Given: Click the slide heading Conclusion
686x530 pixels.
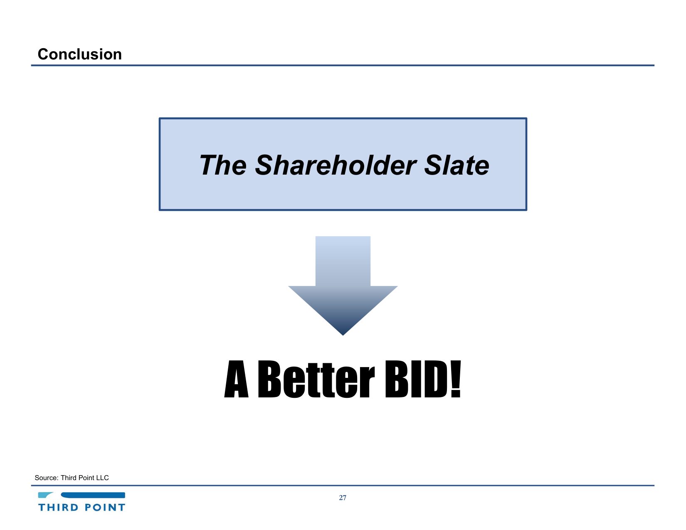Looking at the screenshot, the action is pyautogui.click(x=79, y=54).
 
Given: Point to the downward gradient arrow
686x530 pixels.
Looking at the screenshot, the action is pyautogui.click(x=343, y=285).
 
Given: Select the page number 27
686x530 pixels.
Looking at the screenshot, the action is pyautogui.click(x=343, y=498).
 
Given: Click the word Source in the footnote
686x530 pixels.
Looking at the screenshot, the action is pyautogui.click(x=47, y=478).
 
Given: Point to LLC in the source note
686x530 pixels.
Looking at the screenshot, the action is pyautogui.click(x=102, y=478).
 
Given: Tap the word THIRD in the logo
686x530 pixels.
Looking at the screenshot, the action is pyautogui.click(x=58, y=508).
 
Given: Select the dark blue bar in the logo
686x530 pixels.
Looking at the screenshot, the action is pyautogui.click(x=93, y=495).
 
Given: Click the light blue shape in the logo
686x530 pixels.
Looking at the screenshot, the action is pyautogui.click(x=45, y=495).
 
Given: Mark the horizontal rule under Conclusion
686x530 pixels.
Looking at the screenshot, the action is pyautogui.click(x=343, y=65).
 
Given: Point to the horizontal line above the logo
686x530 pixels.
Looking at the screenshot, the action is pyautogui.click(x=343, y=486).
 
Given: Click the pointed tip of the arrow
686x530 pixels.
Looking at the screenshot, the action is pyautogui.click(x=343, y=335).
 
